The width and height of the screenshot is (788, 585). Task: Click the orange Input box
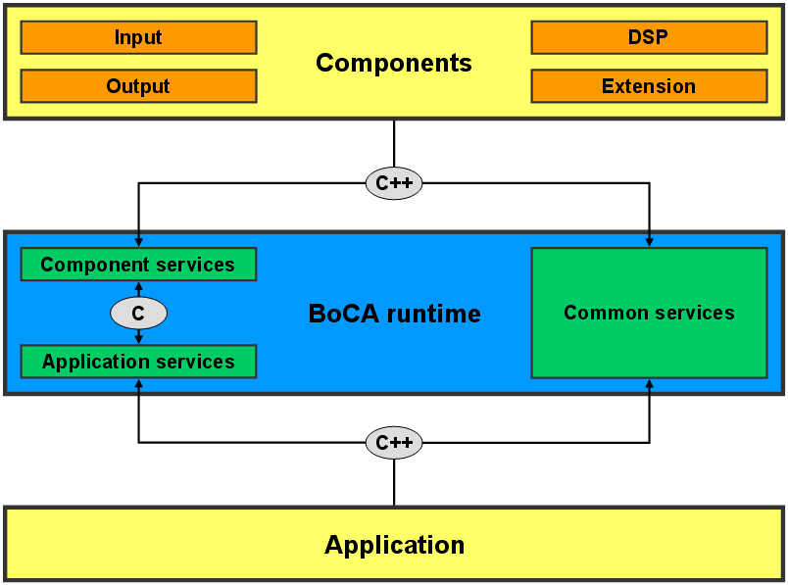[x=139, y=37]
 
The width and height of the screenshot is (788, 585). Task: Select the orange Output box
[x=139, y=86]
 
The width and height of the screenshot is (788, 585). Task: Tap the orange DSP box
[x=649, y=37]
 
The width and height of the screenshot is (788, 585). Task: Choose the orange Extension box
[x=649, y=86]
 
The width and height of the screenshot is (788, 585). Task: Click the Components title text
[x=394, y=64]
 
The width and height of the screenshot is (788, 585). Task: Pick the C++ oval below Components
[x=394, y=183]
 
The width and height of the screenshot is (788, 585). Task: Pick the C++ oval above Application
[x=394, y=442]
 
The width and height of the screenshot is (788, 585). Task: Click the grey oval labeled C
[x=139, y=314]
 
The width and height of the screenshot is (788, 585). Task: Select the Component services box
[x=139, y=265]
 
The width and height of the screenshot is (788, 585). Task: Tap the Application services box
[x=139, y=362]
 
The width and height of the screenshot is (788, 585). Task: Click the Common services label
[x=649, y=313]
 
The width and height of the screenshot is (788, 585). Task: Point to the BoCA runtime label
[x=395, y=314]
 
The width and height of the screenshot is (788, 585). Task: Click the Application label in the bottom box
[x=395, y=545]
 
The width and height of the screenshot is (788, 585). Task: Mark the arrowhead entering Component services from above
[x=139, y=243]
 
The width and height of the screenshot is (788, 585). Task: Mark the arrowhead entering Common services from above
[x=649, y=243]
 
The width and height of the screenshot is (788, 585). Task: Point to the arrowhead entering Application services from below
[x=139, y=383]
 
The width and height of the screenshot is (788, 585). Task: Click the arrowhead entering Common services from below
[x=649, y=383]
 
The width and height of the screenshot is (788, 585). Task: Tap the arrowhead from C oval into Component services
[x=139, y=285]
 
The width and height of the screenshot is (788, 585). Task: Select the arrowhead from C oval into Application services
[x=139, y=340]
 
